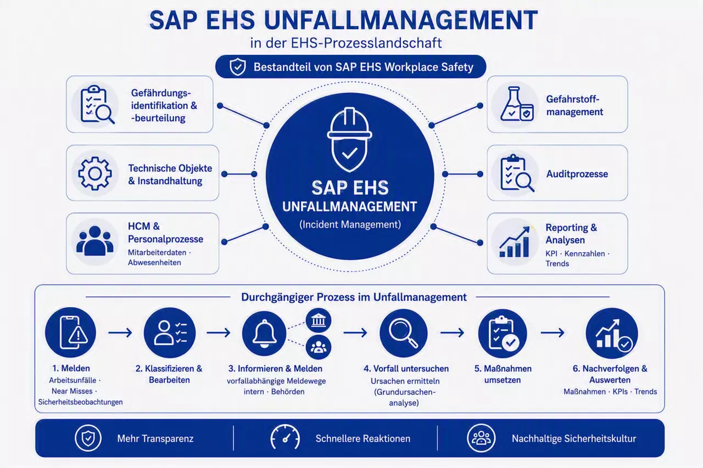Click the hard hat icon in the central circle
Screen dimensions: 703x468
349,139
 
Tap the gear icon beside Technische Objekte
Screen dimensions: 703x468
95,173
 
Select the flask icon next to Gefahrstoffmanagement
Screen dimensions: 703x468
517,104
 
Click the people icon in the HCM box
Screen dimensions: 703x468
95,241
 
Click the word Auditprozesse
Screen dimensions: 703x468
577,174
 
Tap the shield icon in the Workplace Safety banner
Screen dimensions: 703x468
238,67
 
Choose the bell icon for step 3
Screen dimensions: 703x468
264,334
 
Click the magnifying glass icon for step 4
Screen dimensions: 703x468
404,333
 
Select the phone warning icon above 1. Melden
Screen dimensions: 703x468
70,332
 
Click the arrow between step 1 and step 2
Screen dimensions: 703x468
120,332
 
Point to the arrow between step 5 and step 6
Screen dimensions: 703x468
553,332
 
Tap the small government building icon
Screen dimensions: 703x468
318,320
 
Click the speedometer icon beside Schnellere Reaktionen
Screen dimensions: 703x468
285,438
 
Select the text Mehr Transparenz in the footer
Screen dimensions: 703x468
155,438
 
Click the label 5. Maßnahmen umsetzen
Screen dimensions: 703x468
503,374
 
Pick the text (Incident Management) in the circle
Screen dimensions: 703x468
350,224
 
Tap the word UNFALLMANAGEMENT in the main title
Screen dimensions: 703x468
401,20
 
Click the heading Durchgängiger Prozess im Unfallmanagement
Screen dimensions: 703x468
354,297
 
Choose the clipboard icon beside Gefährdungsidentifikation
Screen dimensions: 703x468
97,104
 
